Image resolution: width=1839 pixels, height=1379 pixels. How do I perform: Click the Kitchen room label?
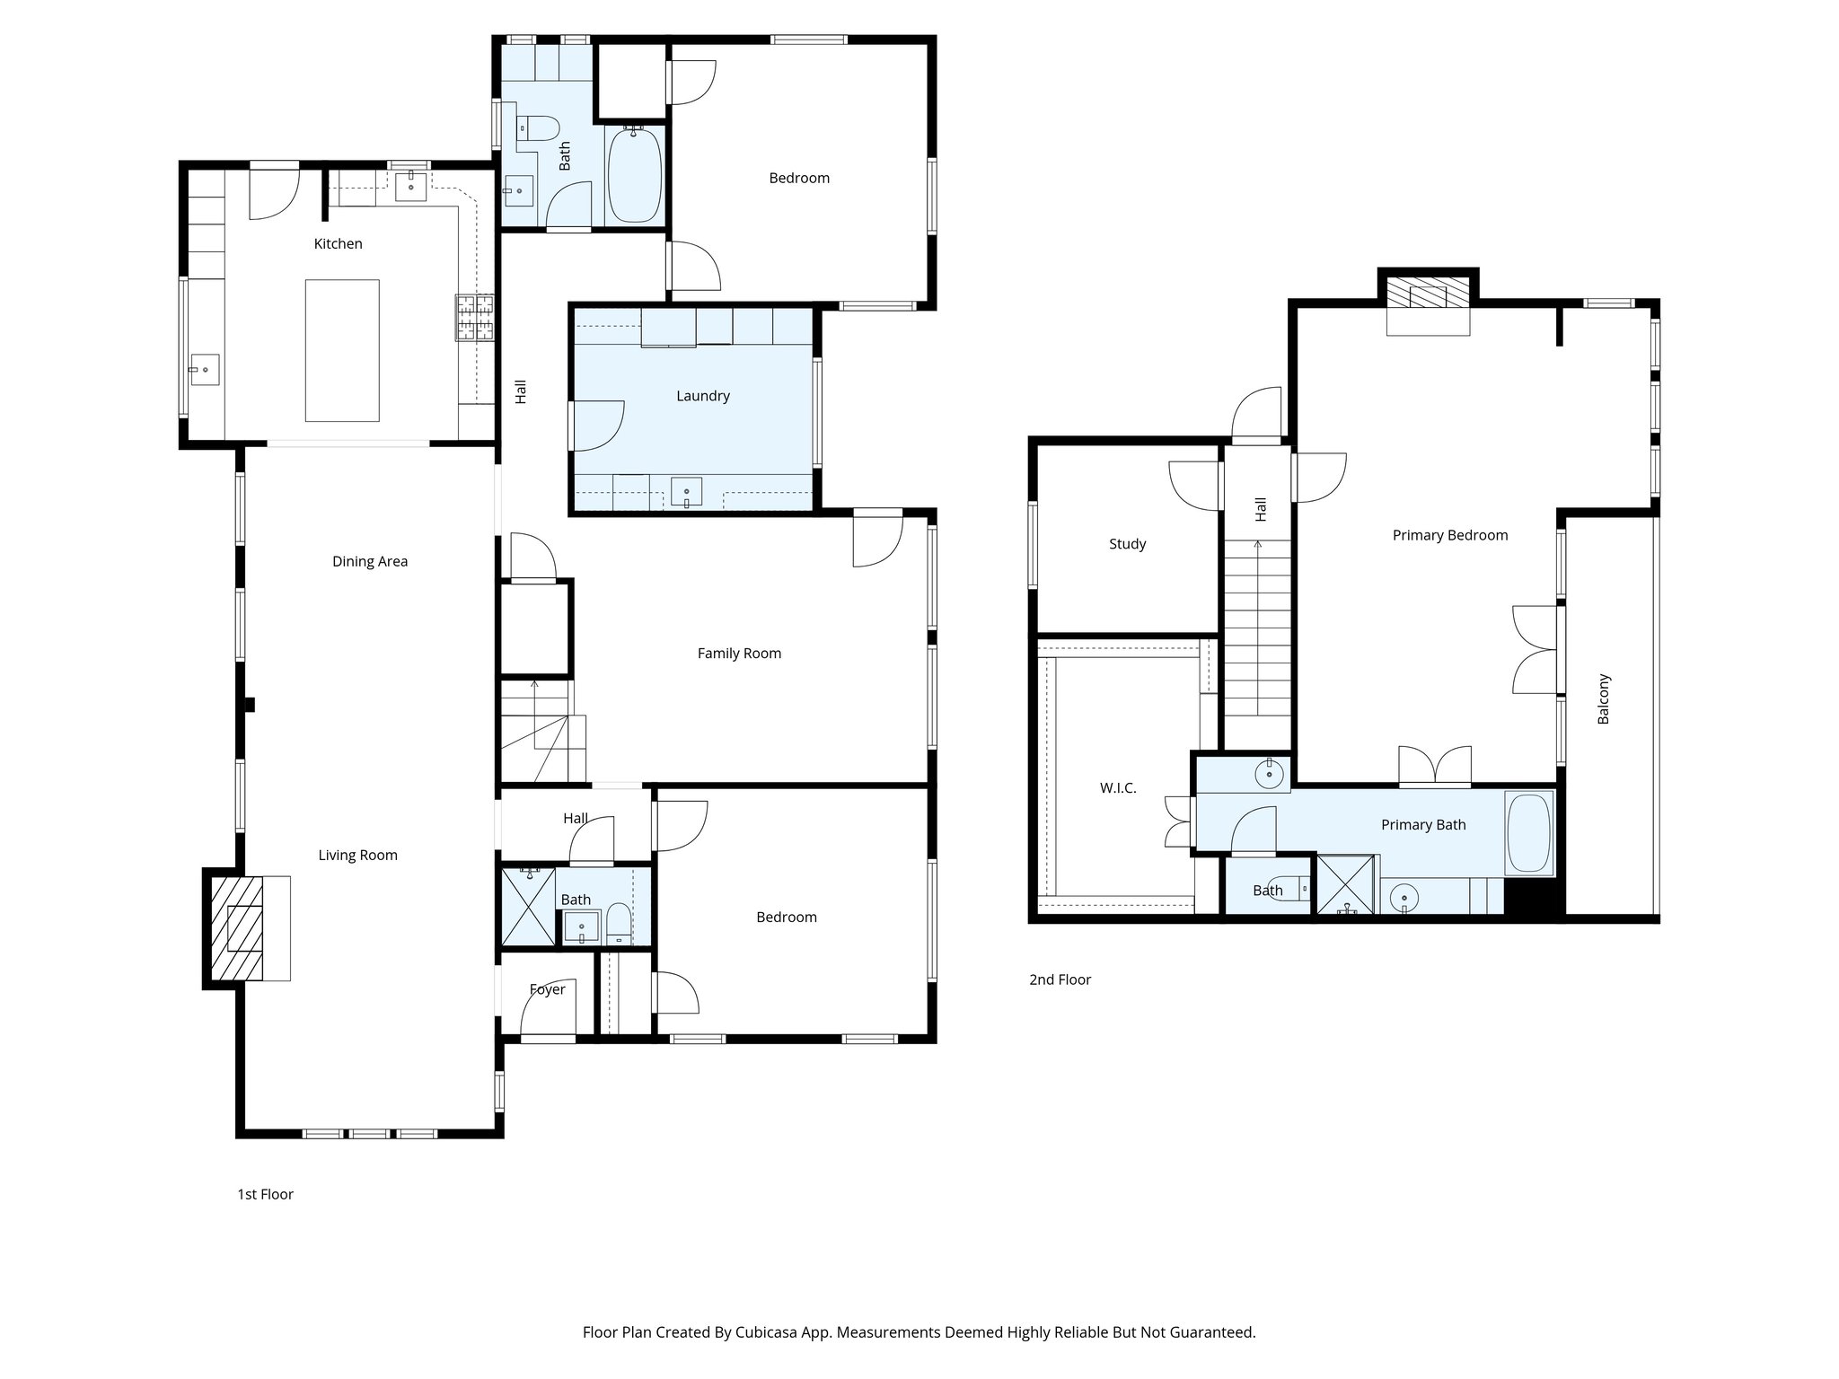point(338,243)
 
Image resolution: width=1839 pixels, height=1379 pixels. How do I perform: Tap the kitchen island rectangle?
point(341,350)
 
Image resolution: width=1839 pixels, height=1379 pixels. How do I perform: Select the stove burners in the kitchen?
point(475,318)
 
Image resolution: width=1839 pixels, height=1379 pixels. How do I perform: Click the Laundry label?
point(702,396)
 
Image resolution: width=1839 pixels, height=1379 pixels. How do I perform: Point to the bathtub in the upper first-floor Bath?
point(635,174)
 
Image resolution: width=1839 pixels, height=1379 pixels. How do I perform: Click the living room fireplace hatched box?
point(237,928)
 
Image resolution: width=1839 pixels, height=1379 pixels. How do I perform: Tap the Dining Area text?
point(369,561)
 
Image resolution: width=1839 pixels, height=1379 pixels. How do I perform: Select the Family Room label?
point(738,654)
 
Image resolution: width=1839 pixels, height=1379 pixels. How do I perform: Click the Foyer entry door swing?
point(546,1007)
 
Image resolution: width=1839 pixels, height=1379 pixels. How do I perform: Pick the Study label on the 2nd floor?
point(1127,544)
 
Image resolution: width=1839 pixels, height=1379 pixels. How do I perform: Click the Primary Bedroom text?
point(1449,535)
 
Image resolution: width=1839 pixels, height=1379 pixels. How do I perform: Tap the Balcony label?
point(1604,698)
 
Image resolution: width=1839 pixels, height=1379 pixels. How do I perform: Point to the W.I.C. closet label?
point(1117,788)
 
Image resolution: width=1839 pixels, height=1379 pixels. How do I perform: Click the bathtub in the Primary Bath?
point(1528,832)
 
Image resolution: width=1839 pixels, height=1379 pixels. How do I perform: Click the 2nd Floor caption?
point(1060,979)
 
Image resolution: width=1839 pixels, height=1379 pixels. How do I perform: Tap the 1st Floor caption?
point(265,1194)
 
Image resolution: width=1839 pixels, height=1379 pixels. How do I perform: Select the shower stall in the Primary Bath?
point(1345,885)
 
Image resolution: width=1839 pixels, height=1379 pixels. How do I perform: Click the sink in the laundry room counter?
point(687,492)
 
